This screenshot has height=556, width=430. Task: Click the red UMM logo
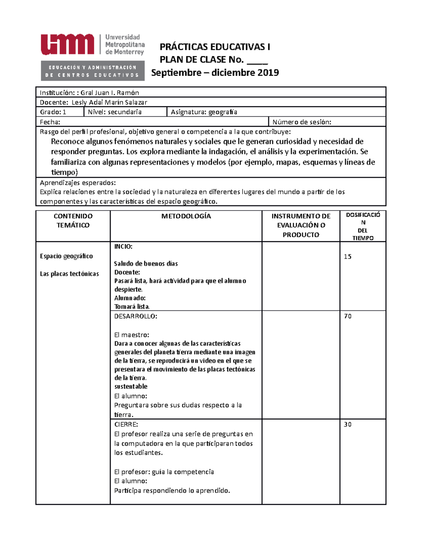click(67, 45)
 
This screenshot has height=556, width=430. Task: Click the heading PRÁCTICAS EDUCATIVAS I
click(215, 47)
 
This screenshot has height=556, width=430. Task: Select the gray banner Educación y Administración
click(92, 71)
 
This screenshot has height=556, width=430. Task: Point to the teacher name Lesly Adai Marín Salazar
click(109, 102)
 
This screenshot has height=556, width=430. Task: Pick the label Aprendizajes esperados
click(78, 183)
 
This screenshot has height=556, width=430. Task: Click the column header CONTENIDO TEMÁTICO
click(73, 221)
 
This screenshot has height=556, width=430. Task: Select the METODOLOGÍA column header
click(186, 216)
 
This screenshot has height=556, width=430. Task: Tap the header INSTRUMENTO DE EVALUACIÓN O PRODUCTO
click(301, 225)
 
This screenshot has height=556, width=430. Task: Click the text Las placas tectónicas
click(70, 274)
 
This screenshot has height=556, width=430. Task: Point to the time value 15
click(348, 257)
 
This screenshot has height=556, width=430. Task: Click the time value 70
click(348, 316)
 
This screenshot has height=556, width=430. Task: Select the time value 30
click(348, 424)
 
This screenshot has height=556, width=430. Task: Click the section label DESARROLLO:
click(135, 316)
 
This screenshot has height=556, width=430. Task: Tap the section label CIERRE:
click(126, 425)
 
